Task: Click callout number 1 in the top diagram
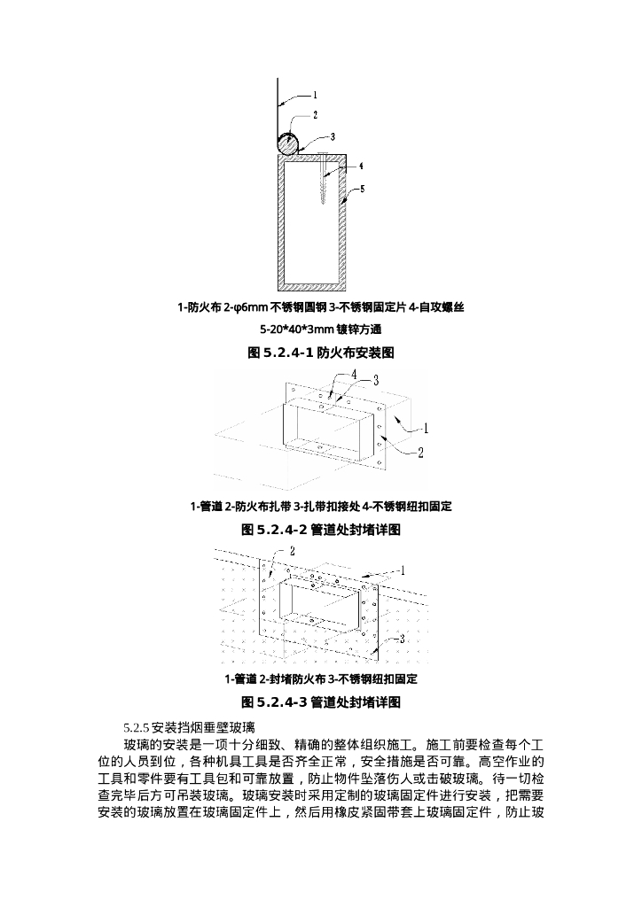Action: [315, 95]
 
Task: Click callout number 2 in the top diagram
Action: [316, 115]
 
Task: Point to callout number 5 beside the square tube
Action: [363, 189]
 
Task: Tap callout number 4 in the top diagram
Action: [361, 167]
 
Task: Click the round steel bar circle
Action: [287, 143]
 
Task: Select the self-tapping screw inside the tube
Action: [323, 177]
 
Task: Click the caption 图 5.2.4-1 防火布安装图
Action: [321, 353]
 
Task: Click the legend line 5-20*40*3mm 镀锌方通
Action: [321, 329]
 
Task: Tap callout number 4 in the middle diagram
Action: [354, 375]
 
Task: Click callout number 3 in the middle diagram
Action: [376, 380]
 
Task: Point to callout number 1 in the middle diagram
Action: [426, 429]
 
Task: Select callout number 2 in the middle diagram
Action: [421, 453]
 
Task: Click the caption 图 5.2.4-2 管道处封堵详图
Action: [321, 530]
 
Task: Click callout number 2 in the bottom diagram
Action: [293, 551]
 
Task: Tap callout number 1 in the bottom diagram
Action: [403, 571]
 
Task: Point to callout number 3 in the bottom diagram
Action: [403, 640]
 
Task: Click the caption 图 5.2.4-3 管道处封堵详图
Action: [321, 702]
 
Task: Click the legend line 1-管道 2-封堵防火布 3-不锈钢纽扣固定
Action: [321, 679]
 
